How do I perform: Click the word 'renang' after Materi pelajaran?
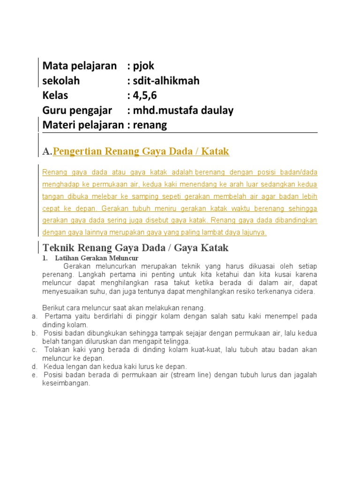[150, 125]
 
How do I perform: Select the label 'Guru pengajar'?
[77, 111]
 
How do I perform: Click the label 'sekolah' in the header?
[61, 81]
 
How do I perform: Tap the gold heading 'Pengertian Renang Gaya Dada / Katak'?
[141, 151]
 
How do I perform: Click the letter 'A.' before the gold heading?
[47, 152]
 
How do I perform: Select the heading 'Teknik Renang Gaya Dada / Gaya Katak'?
[135, 247]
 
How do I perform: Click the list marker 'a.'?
[35, 316]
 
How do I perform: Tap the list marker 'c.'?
[35, 350]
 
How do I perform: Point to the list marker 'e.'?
[35, 375]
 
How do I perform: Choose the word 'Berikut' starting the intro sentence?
[53, 308]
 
